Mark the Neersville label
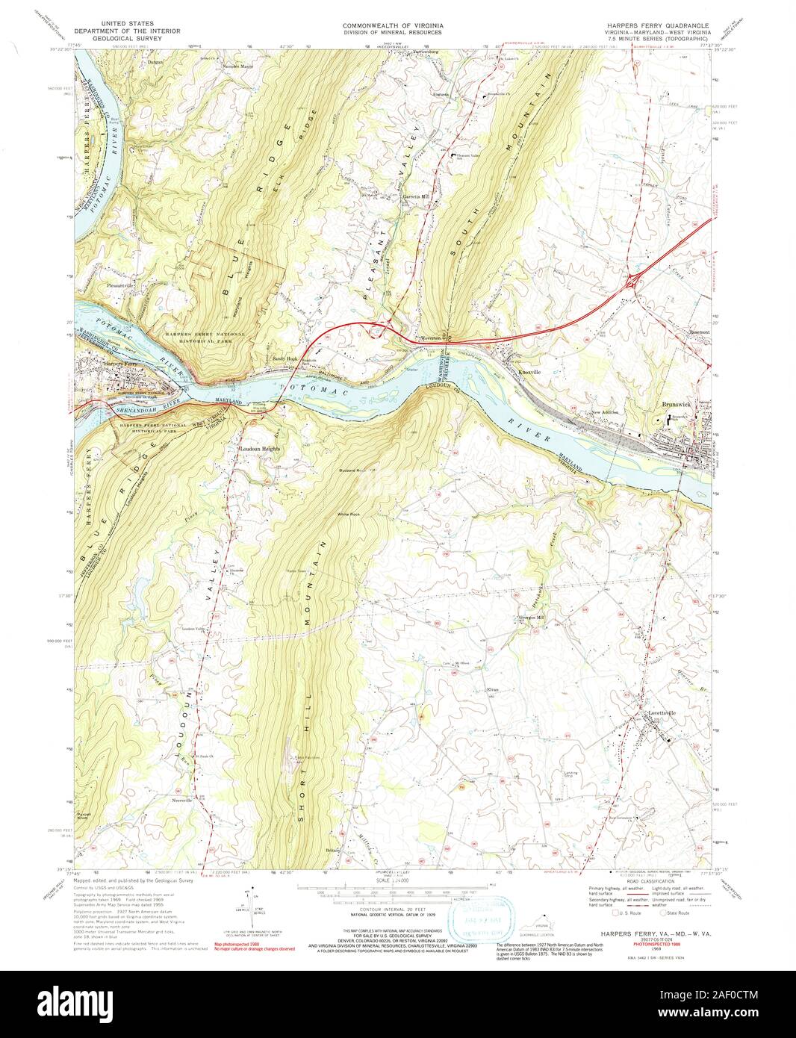(x=183, y=801)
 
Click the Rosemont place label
(x=698, y=332)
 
